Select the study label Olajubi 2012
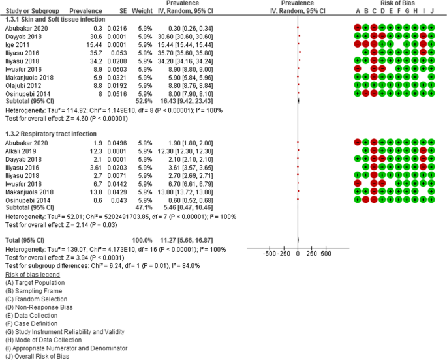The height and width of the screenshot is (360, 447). pyautogui.click(x=23, y=84)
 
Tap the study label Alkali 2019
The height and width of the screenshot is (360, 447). pyautogui.click(x=20, y=151)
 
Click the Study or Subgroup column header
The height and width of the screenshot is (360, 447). pyautogui.click(x=29, y=11)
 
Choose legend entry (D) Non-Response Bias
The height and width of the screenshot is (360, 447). pyautogui.click(x=37, y=307)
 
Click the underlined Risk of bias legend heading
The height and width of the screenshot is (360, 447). pyautogui.click(x=32, y=275)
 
